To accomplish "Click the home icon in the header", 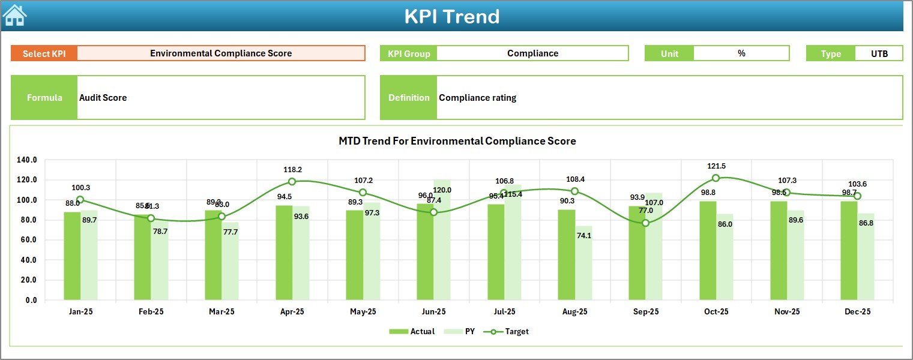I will tap(14, 16).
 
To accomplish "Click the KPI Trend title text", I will tap(451, 16).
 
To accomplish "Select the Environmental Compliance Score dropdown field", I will tap(221, 53).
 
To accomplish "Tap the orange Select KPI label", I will tap(44, 53).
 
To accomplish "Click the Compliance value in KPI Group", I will tap(532, 53).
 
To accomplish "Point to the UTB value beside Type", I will tap(879, 53).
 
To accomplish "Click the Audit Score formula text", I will tap(103, 98).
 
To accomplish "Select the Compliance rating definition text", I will tap(477, 98).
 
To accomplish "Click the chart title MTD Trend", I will tap(457, 141).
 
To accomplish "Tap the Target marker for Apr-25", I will tap(292, 182).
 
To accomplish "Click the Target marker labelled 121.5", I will tap(716, 178).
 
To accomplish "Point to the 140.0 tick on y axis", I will tap(27, 160).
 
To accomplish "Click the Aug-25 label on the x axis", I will tap(574, 312).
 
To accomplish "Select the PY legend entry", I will tap(463, 331).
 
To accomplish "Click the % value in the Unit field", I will tap(741, 53).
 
